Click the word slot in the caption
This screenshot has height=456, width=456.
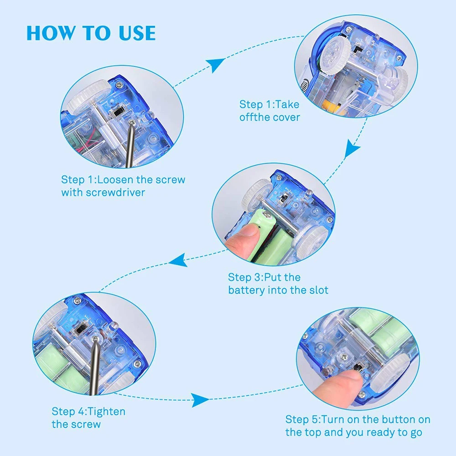click(x=319, y=290)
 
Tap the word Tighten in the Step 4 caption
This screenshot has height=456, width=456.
click(x=106, y=412)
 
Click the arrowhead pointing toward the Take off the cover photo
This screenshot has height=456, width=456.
click(x=215, y=65)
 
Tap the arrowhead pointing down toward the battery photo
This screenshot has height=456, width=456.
click(x=352, y=148)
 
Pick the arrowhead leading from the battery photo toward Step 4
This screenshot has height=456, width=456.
click(x=178, y=260)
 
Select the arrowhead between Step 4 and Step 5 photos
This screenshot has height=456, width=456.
click(x=200, y=400)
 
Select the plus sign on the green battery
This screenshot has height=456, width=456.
click(x=259, y=227)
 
